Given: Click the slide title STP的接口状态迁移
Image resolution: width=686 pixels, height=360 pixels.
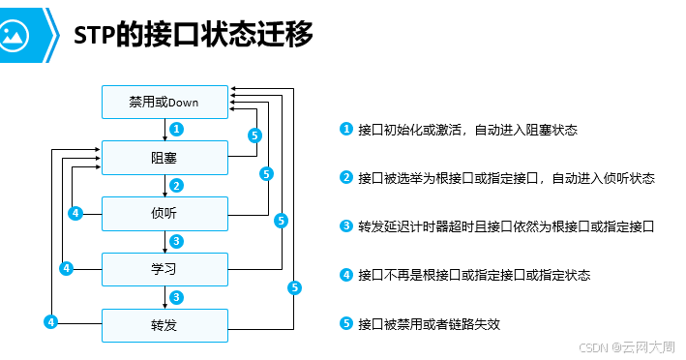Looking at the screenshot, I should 194,34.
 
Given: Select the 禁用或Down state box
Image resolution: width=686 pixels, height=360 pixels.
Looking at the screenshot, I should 164,101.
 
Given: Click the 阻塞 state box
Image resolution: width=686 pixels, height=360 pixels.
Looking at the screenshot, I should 164,157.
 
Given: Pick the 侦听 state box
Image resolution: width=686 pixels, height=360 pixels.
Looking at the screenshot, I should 164,212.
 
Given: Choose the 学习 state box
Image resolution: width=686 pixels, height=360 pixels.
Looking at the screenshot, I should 164,267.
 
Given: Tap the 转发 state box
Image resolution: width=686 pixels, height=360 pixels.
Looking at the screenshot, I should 164,324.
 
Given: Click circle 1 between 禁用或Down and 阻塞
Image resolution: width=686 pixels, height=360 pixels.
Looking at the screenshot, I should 176,129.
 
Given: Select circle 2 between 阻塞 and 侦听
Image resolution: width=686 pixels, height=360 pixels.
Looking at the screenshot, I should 176,185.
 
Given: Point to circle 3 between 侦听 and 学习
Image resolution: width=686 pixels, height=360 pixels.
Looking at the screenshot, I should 176,241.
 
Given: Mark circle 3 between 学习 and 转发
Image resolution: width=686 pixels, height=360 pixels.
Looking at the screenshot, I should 176,296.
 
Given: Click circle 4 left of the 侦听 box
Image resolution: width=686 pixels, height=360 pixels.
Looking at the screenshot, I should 75,213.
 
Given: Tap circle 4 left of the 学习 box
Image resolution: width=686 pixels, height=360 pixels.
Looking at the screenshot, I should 65,267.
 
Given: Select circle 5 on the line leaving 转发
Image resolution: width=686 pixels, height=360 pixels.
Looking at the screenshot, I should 295,287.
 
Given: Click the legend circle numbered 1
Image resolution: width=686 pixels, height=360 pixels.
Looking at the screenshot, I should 346,130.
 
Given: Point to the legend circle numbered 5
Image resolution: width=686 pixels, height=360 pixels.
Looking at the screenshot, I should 346,323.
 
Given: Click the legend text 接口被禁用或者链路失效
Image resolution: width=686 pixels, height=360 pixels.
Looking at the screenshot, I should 429,323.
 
